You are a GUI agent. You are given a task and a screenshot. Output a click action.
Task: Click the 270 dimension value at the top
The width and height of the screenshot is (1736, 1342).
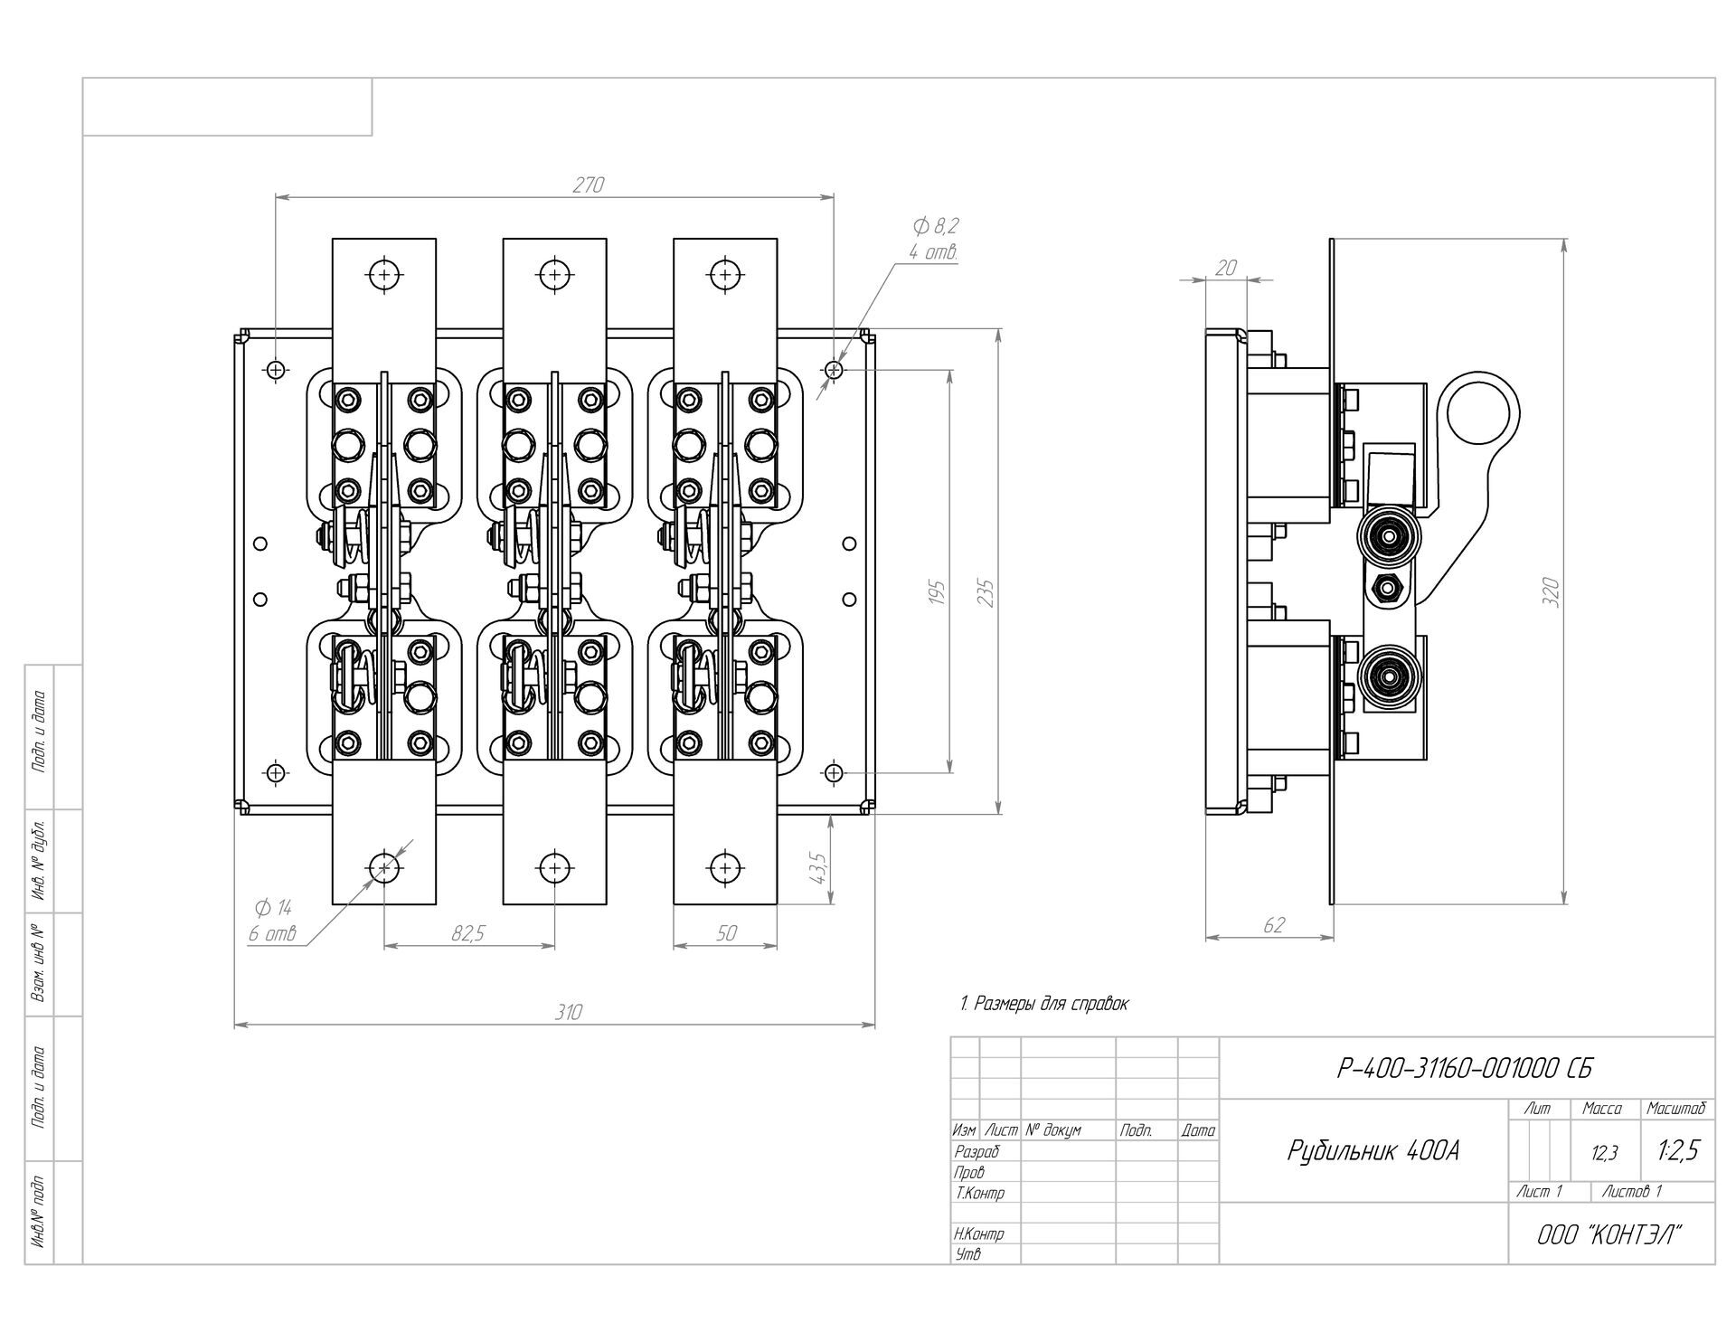point(588,184)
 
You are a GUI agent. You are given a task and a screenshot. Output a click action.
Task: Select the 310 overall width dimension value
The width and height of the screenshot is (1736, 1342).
point(569,1012)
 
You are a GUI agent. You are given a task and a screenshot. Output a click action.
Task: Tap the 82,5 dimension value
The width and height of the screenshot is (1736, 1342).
point(468,934)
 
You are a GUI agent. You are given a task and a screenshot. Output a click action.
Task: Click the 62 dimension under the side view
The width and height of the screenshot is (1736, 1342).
point(1273,925)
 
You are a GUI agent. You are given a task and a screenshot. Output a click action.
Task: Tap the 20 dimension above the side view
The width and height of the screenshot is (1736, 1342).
point(1226,268)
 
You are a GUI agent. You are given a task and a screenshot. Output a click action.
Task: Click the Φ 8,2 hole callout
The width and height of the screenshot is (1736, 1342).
point(936,226)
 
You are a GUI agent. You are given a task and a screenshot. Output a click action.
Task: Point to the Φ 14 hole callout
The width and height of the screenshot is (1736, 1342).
point(272,907)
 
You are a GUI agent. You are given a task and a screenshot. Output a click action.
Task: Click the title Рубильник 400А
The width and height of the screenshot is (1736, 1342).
point(1373,1151)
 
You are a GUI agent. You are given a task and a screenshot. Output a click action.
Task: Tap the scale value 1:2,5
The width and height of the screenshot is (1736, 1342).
point(1679,1149)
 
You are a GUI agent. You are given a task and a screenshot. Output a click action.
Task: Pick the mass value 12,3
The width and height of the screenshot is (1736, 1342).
point(1605,1152)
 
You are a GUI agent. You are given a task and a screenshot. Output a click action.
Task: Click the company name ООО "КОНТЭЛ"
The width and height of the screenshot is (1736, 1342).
point(1610,1233)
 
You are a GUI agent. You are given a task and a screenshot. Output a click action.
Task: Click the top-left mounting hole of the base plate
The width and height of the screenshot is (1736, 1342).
point(276,369)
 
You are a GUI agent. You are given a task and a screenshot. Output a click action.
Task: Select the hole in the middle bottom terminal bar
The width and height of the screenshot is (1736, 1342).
point(554,868)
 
